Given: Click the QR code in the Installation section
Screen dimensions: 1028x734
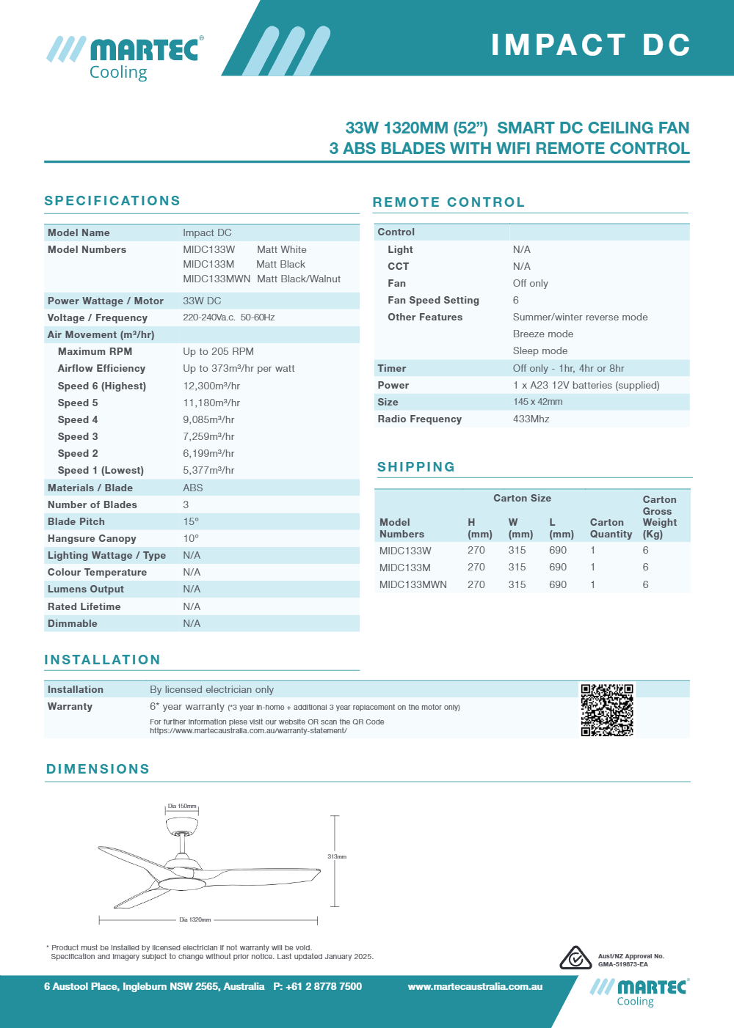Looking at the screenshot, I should (x=607, y=710).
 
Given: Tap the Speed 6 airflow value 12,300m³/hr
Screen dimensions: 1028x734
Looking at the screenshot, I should (x=211, y=386).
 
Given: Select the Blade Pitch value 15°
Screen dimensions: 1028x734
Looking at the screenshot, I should (x=191, y=521).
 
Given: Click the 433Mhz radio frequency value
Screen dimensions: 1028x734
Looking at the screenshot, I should (x=531, y=419).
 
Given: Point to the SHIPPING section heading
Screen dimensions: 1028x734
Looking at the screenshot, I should (x=416, y=467).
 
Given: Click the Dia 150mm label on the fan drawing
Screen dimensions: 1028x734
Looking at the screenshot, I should (x=182, y=806).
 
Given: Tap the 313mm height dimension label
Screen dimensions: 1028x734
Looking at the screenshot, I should (x=337, y=856).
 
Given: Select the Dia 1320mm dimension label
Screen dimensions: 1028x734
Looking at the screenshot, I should (x=195, y=919).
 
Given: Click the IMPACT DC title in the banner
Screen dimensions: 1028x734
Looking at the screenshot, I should (x=591, y=45).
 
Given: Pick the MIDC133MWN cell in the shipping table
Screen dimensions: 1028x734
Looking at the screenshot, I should (x=413, y=584).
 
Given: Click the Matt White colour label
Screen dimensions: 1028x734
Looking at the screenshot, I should (x=282, y=249).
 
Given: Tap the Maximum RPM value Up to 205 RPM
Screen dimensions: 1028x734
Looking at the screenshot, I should (x=218, y=351).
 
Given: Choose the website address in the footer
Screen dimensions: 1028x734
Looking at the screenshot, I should (x=475, y=986).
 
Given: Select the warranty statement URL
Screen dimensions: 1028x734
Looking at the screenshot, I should (x=248, y=730).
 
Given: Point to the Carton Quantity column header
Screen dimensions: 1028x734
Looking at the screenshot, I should (x=611, y=528).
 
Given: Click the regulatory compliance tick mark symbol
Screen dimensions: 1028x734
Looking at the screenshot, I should (x=575, y=958).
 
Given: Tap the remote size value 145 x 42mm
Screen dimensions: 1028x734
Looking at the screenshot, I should (x=538, y=402).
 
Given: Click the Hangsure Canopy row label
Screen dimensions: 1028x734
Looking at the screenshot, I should (x=92, y=538).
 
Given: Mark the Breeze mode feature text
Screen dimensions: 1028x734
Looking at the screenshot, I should (x=543, y=334).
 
